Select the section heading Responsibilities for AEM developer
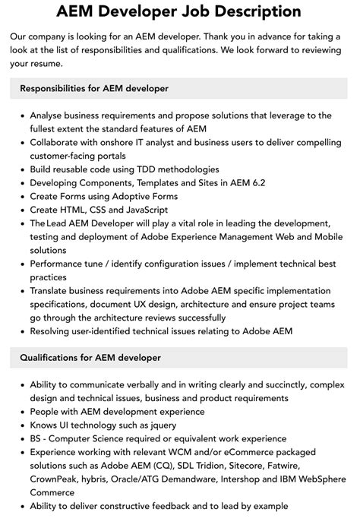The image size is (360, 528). [x=94, y=88]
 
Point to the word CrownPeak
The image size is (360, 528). [x=56, y=479]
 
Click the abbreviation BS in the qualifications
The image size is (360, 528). [x=37, y=438]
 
